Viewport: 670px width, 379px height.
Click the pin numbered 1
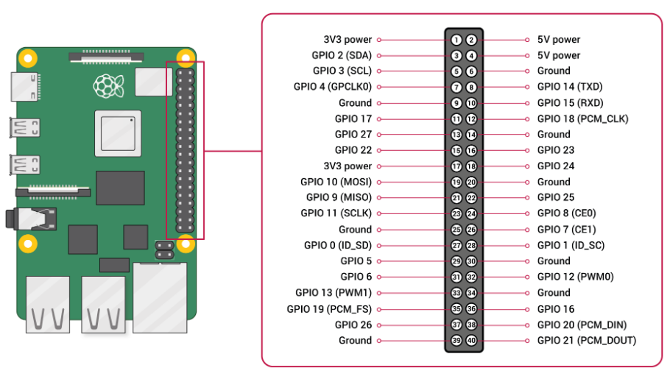coord(456,40)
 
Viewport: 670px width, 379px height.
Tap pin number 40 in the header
coord(471,341)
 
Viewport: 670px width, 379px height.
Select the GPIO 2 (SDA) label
coord(342,55)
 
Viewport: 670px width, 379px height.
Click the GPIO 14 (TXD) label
coord(570,87)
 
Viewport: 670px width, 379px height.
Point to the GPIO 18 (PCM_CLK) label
coord(583,118)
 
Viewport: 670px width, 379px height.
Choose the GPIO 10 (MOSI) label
coord(336,182)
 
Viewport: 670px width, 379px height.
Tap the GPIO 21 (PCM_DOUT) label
coord(587,341)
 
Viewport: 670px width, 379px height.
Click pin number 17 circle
coord(456,166)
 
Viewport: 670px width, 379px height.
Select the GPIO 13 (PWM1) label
coord(334,293)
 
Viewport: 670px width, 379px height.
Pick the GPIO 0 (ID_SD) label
coord(337,245)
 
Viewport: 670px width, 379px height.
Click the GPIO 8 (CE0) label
coord(567,213)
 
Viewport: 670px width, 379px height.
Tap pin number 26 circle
coord(471,230)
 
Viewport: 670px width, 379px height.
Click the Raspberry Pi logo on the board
coord(109,85)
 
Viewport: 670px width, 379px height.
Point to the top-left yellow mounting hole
coord(28,59)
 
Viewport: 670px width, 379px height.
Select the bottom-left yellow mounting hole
coord(28,244)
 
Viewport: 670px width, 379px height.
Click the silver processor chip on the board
coord(118,133)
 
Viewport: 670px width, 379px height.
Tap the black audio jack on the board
coord(31,219)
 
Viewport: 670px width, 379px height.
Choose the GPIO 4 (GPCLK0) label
coord(333,87)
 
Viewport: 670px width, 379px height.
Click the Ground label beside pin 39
coord(355,341)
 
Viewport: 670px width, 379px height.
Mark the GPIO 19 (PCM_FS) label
coord(329,309)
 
